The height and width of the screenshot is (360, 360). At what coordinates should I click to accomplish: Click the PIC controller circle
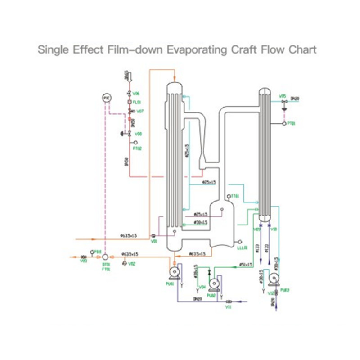click(107, 98)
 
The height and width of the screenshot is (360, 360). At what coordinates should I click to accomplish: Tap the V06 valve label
click(136, 94)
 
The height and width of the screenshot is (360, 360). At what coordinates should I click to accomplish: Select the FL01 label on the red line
click(137, 102)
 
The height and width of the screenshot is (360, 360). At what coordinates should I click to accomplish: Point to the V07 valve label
click(140, 111)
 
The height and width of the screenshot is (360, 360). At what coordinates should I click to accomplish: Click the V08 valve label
click(139, 134)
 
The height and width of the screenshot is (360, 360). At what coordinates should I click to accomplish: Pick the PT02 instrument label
click(138, 148)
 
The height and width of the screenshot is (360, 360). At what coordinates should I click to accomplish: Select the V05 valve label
click(282, 96)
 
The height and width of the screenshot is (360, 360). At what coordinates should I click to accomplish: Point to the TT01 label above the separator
click(234, 196)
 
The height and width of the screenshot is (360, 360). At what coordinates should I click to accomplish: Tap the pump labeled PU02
click(215, 283)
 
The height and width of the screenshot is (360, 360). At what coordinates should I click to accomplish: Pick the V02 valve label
click(132, 264)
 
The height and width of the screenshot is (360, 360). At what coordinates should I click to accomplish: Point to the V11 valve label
click(228, 307)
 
